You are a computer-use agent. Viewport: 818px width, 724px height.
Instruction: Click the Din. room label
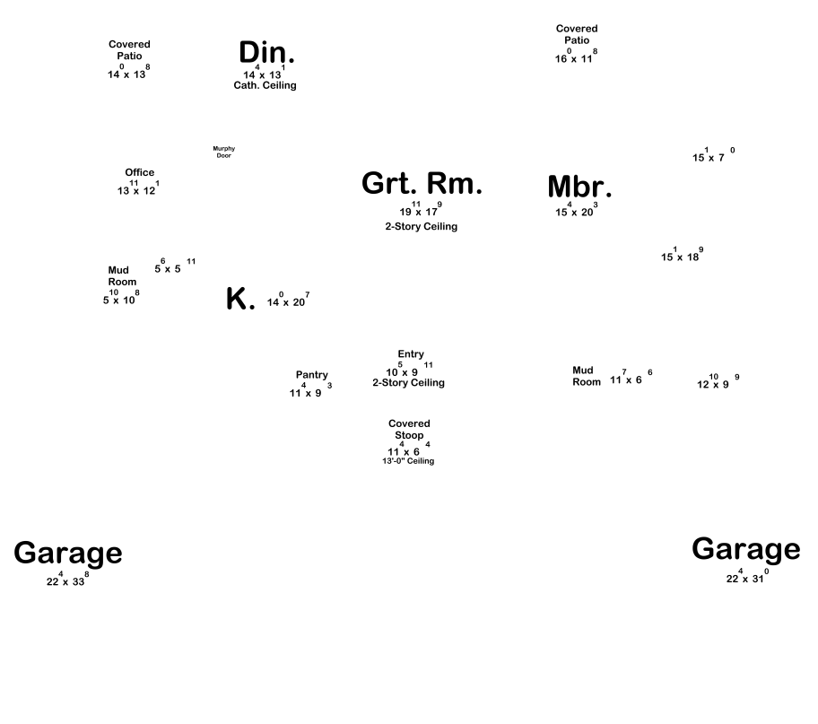point(266,53)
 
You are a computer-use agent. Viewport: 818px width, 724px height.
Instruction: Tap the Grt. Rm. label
point(422,183)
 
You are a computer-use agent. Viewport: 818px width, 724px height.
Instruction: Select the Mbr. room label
point(579,187)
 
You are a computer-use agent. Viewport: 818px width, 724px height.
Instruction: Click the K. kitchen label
point(240,300)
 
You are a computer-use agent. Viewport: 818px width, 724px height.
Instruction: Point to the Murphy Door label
point(223,152)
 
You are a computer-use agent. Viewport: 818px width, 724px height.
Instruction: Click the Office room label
point(139,172)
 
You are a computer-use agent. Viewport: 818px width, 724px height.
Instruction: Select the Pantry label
point(311,375)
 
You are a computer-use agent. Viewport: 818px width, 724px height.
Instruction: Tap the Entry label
point(411,354)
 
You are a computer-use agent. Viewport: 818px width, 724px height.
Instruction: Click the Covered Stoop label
point(409,429)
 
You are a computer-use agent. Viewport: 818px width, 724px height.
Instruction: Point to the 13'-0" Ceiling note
point(408,461)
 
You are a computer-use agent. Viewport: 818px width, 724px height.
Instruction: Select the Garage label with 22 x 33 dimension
point(67,554)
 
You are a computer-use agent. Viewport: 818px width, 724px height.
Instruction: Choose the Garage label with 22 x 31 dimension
point(745,549)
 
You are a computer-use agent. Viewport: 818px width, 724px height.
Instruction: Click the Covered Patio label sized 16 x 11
point(576,34)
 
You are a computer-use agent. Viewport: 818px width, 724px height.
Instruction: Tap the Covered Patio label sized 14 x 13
point(129,49)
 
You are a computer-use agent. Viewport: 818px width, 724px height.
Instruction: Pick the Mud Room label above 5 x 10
point(122,275)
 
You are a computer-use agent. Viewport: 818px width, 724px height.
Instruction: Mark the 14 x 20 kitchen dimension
point(288,301)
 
